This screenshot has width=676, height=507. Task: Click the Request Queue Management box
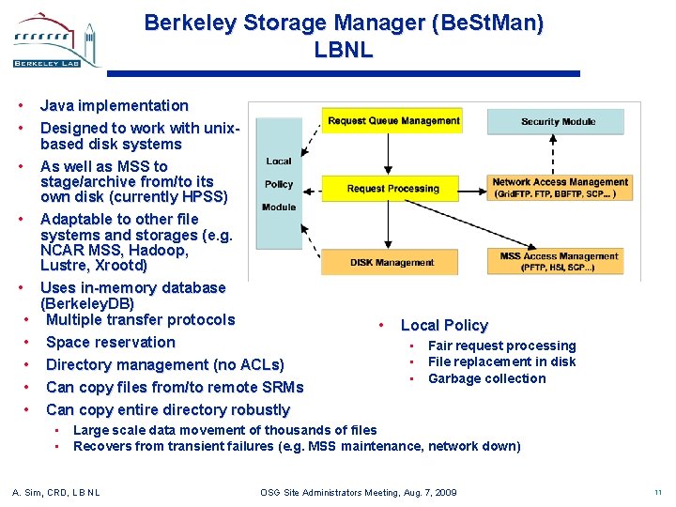[x=393, y=120]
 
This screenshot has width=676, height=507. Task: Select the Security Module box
[x=558, y=121]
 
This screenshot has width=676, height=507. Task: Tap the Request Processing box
[x=393, y=189]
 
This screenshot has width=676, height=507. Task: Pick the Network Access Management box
[x=560, y=188]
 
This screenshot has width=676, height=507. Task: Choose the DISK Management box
[x=392, y=263]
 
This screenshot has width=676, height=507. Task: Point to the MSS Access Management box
[x=559, y=261]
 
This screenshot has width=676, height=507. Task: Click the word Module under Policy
[x=279, y=207]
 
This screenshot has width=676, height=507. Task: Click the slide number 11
[x=656, y=492]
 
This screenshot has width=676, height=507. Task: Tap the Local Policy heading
[x=444, y=325]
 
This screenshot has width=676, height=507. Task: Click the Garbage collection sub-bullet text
[x=486, y=378]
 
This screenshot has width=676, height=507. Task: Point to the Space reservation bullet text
[x=111, y=342]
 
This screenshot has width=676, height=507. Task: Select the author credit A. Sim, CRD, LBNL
[x=55, y=492]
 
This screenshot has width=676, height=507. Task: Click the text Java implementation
[x=114, y=105]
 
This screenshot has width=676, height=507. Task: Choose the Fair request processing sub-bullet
[x=501, y=346]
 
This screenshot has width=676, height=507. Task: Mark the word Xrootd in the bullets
[x=117, y=266]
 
